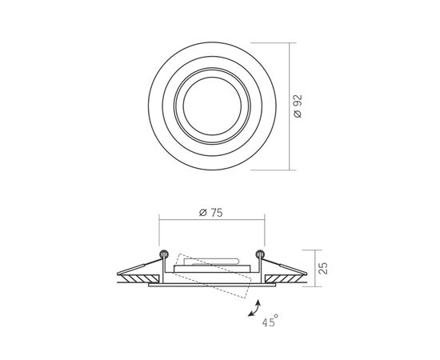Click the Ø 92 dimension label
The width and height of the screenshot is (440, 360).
pyautogui.click(x=298, y=106)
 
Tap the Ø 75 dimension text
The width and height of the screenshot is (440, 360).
pyautogui.click(x=211, y=213)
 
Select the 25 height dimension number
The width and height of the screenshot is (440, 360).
pyautogui.click(x=323, y=268)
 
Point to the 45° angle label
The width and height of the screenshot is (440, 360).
pyautogui.click(x=270, y=321)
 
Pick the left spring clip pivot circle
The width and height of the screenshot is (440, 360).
pyautogui.click(x=164, y=254)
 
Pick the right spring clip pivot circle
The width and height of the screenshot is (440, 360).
pyautogui.click(x=260, y=254)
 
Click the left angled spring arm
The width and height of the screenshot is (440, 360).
pyautogui.click(x=139, y=267)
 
